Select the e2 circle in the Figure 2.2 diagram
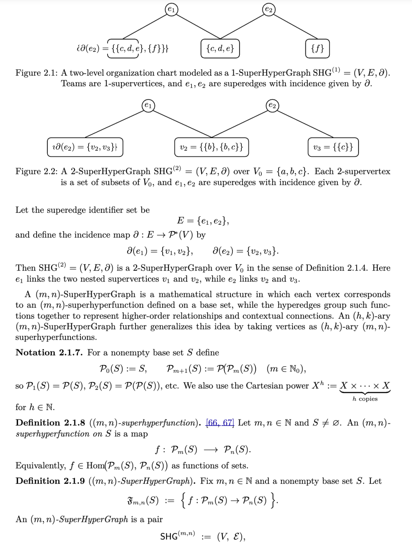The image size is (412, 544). [272, 106]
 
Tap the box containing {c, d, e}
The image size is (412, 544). [220, 48]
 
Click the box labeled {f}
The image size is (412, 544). [317, 48]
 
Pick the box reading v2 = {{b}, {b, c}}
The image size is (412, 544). [211, 147]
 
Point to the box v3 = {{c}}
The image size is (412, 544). [333, 147]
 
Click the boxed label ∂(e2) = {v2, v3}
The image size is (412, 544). [85, 147]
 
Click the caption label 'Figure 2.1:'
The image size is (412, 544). [37, 73]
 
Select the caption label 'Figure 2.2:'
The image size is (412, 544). [37, 171]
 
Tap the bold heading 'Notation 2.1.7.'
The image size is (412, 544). [49, 352]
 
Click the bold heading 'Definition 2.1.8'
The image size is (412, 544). [50, 423]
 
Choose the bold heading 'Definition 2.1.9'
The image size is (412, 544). [50, 481]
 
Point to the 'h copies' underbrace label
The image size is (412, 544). [365, 399]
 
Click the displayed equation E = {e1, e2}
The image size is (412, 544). [203, 221]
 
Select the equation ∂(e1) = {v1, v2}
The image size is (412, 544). [160, 251]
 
